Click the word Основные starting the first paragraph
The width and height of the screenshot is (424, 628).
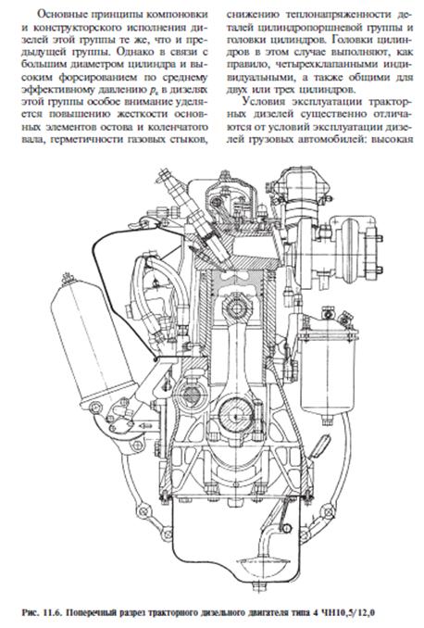pyautogui.click(x=61, y=15)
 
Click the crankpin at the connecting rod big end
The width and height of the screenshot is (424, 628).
pyautogui.click(x=236, y=412)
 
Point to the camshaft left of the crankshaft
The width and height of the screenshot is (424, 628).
pyautogui.click(x=190, y=396)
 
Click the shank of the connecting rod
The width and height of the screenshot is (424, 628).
pyautogui.click(x=236, y=357)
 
